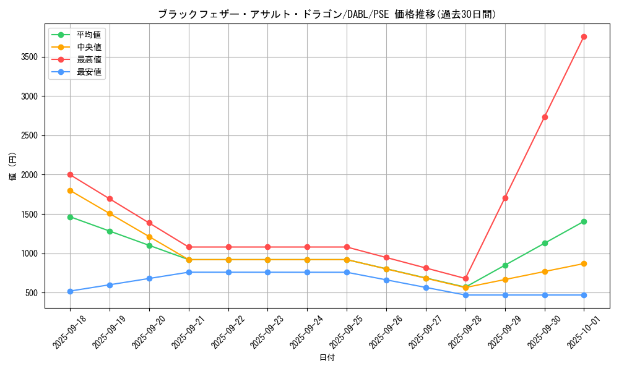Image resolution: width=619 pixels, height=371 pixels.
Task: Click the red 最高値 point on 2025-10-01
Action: pyautogui.click(x=584, y=36)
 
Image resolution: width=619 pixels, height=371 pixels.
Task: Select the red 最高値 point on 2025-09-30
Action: pyautogui.click(x=545, y=117)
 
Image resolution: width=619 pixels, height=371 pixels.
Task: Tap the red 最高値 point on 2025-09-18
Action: pyautogui.click(x=70, y=174)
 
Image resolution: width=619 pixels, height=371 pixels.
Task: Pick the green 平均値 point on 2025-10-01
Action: pyautogui.click(x=584, y=221)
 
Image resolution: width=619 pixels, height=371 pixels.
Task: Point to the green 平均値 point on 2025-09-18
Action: pyautogui.click(x=70, y=217)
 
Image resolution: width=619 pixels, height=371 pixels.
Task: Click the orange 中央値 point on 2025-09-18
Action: pyautogui.click(x=70, y=190)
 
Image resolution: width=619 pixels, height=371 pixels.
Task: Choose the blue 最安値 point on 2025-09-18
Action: pyautogui.click(x=70, y=291)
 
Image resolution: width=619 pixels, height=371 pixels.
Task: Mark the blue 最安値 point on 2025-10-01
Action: pyautogui.click(x=584, y=295)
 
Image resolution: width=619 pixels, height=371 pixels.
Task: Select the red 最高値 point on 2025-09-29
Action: pyautogui.click(x=505, y=198)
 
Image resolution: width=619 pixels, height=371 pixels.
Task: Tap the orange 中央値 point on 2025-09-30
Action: pyautogui.click(x=545, y=271)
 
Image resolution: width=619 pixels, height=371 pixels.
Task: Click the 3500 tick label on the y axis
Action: pyautogui.click(x=28, y=57)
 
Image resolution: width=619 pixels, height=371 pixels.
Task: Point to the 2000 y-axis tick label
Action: pyautogui.click(x=28, y=175)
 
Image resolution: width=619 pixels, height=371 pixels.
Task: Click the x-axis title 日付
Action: pyautogui.click(x=327, y=358)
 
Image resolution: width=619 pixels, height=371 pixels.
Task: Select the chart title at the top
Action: pyautogui.click(x=327, y=14)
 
